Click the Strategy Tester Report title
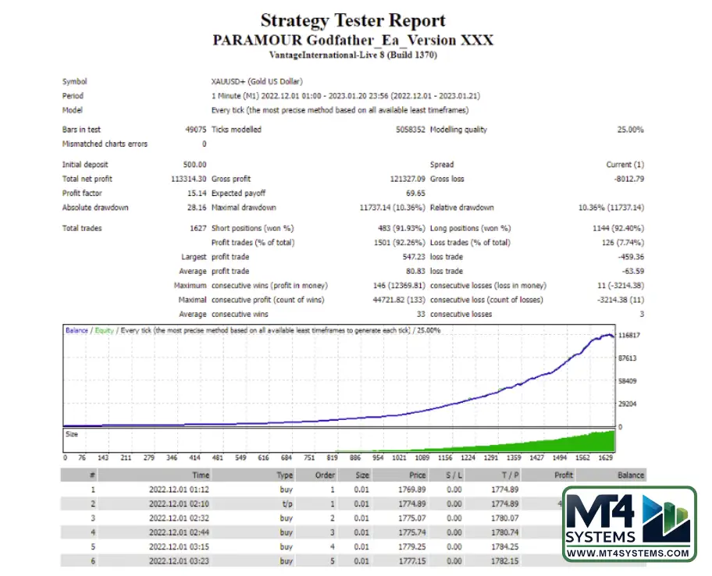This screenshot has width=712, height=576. (x=353, y=20)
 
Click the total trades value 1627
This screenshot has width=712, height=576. (x=198, y=228)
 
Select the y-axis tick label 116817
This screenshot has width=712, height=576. (x=628, y=335)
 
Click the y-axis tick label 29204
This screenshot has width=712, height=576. (x=627, y=404)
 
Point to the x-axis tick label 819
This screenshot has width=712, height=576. (x=333, y=458)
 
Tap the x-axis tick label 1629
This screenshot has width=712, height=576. (x=605, y=458)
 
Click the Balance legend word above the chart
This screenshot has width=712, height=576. (x=77, y=331)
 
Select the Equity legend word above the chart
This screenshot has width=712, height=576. (x=104, y=331)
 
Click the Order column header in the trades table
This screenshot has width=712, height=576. (x=325, y=475)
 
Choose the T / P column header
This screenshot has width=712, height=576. (x=509, y=475)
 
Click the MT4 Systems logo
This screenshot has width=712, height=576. (x=628, y=524)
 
